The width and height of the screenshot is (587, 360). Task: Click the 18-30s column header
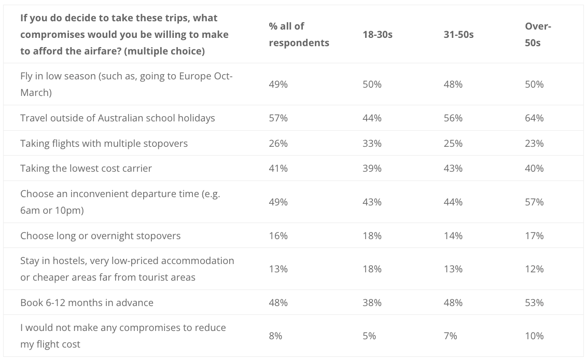tap(378, 34)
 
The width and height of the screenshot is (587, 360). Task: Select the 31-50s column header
tap(458, 34)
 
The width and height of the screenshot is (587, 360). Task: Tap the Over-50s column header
tap(538, 34)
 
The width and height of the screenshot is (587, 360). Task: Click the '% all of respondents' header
tap(299, 34)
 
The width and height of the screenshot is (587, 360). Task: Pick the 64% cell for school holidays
tap(534, 118)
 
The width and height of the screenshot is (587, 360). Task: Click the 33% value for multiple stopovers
tap(372, 144)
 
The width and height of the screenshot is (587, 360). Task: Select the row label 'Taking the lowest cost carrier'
tap(86, 168)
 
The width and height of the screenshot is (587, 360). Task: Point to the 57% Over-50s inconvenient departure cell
tap(534, 202)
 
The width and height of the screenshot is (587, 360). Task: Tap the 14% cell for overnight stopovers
tap(453, 236)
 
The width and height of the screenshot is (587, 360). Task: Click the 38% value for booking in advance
tap(372, 303)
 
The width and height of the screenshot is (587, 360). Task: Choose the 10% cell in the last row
tap(534, 336)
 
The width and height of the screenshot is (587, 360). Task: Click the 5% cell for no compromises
tap(369, 336)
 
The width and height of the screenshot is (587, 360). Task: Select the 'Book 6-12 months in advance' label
tap(87, 303)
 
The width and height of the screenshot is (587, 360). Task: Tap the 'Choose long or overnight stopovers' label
tap(100, 236)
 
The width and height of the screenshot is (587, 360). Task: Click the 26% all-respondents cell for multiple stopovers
tap(278, 144)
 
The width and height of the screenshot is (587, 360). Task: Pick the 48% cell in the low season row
tap(453, 84)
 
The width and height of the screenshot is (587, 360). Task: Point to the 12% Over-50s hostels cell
tap(534, 269)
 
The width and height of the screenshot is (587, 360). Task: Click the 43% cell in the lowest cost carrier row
tap(453, 168)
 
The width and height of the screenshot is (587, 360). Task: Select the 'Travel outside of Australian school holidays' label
tap(118, 118)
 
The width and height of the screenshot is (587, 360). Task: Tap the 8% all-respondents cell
tap(275, 336)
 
